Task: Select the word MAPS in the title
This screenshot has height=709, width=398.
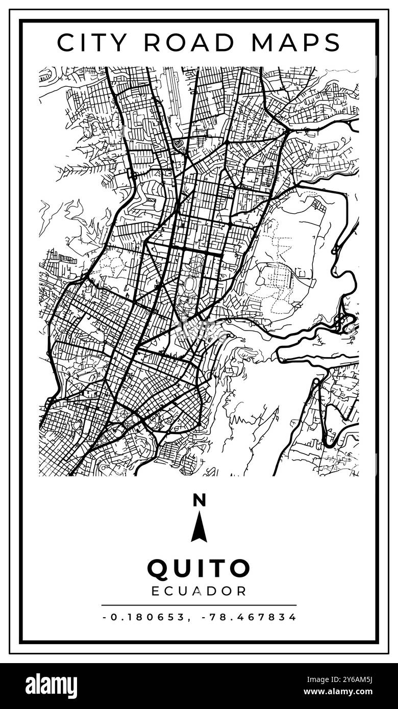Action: [295, 43]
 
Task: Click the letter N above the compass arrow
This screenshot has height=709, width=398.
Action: [199, 500]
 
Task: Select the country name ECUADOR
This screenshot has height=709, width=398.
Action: [199, 591]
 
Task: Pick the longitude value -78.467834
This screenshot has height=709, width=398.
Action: [249, 617]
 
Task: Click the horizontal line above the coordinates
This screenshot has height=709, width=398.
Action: [199, 605]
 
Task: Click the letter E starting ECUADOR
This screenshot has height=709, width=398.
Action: [157, 591]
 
